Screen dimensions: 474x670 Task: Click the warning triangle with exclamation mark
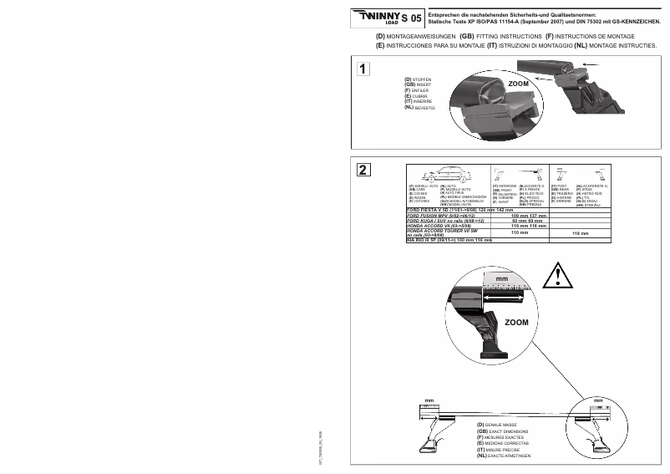556,274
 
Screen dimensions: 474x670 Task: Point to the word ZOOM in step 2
515,321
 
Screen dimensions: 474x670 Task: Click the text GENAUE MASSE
503,425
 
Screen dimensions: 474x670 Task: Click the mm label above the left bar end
427,401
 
